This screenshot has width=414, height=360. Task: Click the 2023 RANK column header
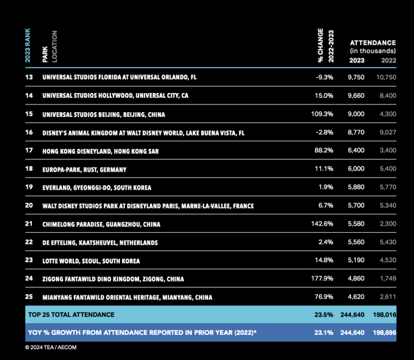(28, 45)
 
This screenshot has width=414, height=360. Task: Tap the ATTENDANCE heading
(372, 43)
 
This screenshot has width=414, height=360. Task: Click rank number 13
(29, 77)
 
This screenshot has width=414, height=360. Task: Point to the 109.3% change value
(322, 114)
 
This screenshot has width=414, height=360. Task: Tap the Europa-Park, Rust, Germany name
(88, 170)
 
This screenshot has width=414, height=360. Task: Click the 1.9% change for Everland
(325, 188)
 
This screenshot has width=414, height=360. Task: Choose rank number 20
(29, 206)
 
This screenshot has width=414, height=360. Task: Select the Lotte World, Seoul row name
(91, 261)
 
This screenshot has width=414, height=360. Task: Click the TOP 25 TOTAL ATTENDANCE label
(71, 314)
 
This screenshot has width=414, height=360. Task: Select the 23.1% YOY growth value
(323, 332)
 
